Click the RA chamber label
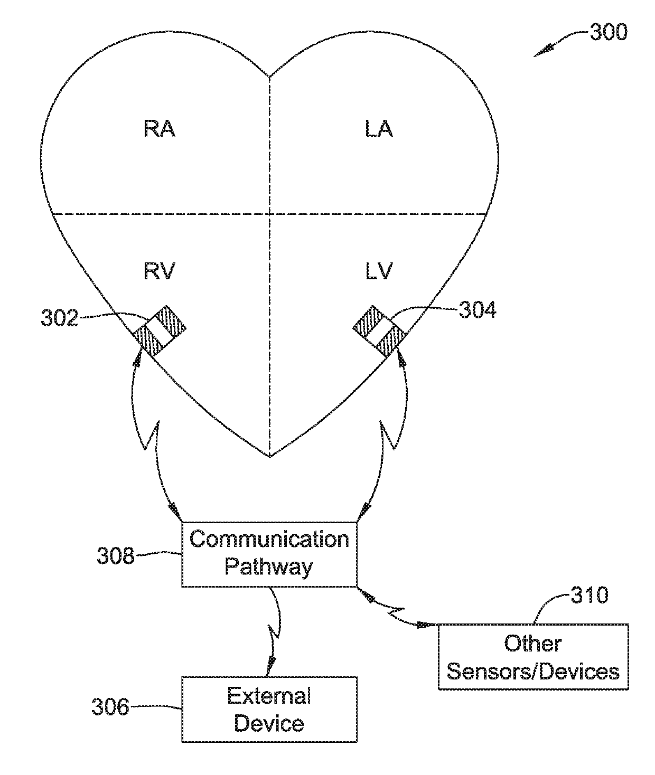[x=160, y=129]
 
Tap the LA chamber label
[x=379, y=129]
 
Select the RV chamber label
[x=160, y=271]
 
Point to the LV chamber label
[x=379, y=271]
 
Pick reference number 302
[x=59, y=319]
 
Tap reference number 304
[x=478, y=310]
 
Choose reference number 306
[x=110, y=707]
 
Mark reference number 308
[x=115, y=555]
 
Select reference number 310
[x=589, y=596]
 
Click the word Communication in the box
[x=269, y=540]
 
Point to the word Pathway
[x=269, y=568]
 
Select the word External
[x=269, y=696]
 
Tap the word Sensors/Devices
[x=533, y=672]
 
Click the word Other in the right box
[x=532, y=644]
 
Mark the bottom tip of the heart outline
[x=270, y=456]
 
